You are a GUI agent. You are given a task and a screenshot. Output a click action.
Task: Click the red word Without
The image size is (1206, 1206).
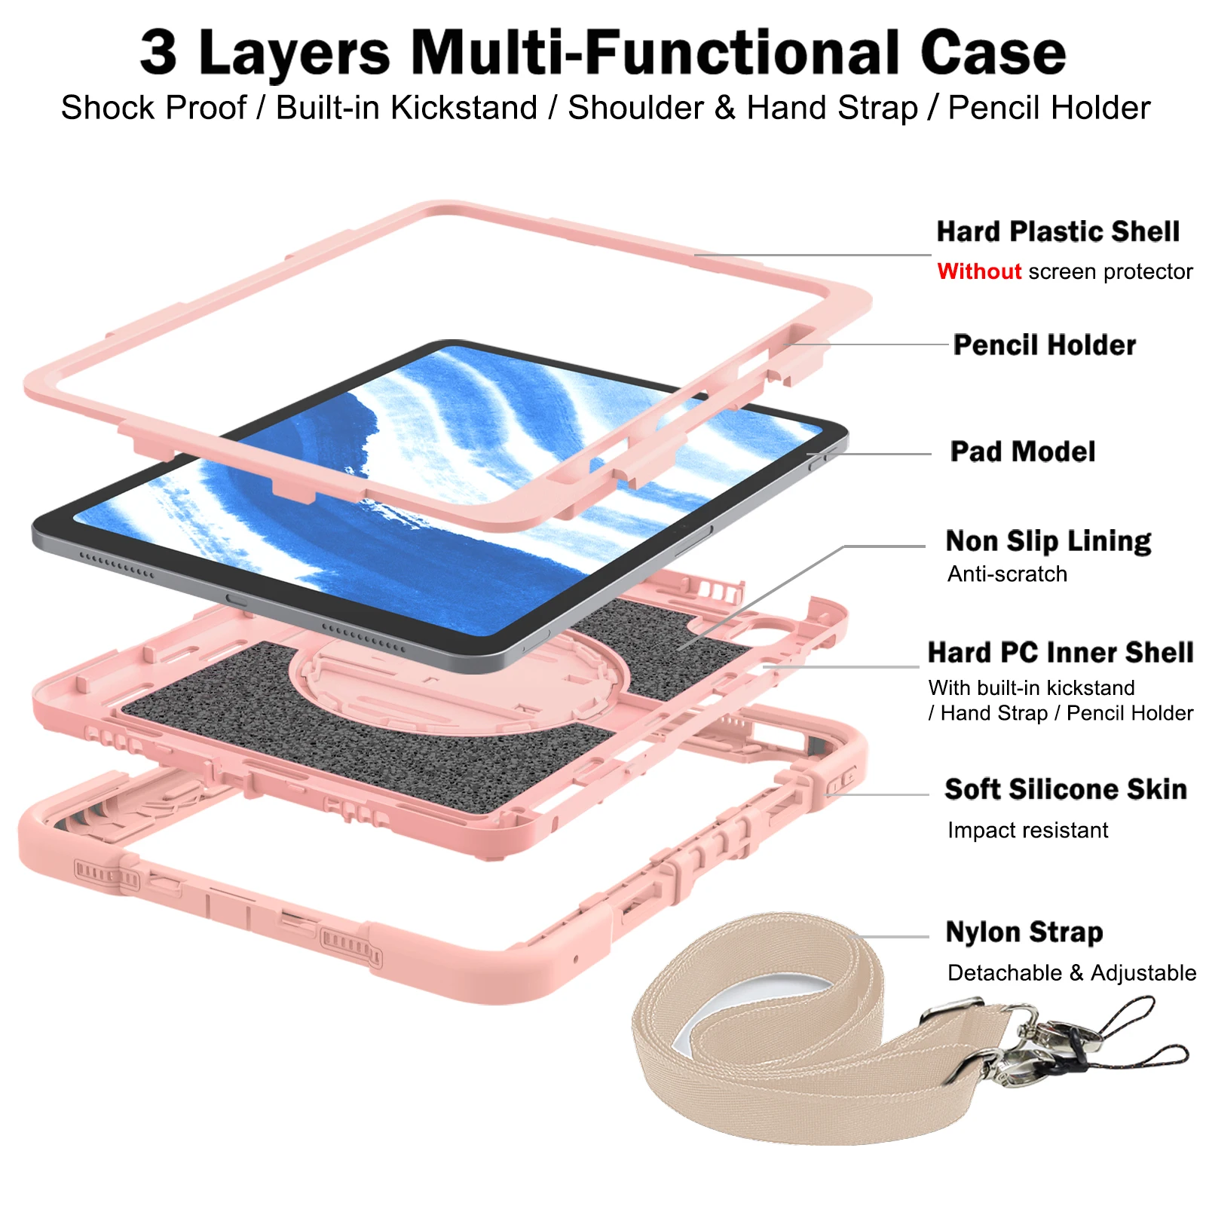978,271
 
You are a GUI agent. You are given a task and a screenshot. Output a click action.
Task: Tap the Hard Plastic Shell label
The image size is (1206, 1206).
1058,231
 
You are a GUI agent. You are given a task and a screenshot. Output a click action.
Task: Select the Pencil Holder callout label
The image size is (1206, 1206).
1044,345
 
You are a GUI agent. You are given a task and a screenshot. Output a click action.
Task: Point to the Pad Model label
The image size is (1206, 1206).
1022,451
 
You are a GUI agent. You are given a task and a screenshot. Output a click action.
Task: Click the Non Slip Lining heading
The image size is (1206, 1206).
1048,541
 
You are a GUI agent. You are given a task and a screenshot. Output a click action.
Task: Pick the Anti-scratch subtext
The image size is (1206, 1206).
1007,574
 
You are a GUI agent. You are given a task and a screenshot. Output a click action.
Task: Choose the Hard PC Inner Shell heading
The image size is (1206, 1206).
1060,653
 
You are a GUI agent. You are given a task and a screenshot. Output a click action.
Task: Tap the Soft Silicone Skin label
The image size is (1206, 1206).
1065,789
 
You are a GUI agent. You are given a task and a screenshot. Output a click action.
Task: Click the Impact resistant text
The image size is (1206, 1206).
1027,831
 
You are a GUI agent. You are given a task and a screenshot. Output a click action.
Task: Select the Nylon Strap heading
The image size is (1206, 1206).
1024,932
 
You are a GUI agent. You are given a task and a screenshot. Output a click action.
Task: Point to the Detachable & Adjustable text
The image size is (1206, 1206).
1071,973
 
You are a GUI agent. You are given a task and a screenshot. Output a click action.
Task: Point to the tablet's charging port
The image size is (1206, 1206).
236,601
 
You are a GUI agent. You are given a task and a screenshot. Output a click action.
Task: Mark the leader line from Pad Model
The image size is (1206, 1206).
874,454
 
